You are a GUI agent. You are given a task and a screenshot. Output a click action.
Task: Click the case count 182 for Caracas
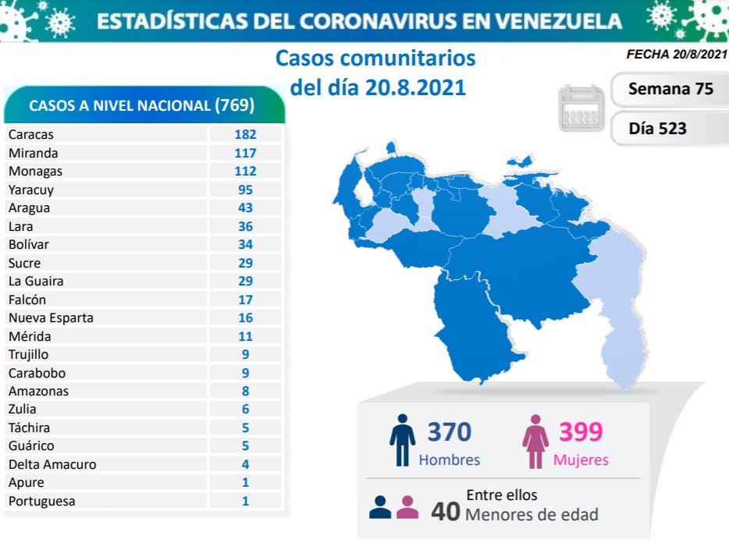(245, 134)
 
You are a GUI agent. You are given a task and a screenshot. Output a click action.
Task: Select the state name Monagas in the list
(35, 171)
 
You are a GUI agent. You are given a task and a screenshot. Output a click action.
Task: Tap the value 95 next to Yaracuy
(245, 190)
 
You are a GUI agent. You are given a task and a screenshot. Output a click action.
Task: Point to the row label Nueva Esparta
(51, 318)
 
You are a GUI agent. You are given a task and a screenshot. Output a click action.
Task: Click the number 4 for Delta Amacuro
(245, 464)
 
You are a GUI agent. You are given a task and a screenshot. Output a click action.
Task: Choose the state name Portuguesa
(41, 501)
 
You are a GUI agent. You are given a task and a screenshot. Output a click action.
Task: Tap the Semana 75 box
(670, 89)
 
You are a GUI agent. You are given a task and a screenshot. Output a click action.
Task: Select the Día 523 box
(658, 128)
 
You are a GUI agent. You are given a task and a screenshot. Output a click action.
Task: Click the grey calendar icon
(581, 108)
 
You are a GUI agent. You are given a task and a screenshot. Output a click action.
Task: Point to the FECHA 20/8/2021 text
(677, 55)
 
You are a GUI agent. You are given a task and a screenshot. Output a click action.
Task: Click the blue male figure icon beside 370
(403, 441)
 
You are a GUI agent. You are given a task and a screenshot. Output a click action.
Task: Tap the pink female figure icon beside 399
(535, 441)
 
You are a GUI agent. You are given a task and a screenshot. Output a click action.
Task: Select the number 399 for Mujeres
(581, 431)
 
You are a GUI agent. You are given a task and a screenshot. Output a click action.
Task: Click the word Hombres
(450, 460)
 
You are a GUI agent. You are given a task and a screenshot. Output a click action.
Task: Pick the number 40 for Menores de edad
(445, 511)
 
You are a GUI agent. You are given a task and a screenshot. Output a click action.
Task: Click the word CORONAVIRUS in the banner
(377, 21)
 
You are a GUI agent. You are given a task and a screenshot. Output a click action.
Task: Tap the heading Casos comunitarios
(375, 59)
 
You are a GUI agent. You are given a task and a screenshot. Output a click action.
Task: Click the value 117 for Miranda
(245, 153)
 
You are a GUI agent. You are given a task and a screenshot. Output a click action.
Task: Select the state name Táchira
(30, 428)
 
